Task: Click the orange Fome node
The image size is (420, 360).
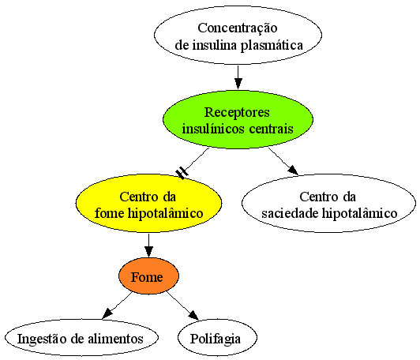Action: click(x=148, y=276)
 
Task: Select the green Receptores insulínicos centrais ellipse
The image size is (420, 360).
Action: click(x=238, y=119)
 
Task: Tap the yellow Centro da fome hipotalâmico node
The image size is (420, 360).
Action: click(x=148, y=204)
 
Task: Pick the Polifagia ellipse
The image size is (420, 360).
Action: click(x=217, y=338)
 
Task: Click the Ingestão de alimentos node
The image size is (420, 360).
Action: click(x=81, y=338)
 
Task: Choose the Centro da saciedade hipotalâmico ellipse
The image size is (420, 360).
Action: click(x=328, y=204)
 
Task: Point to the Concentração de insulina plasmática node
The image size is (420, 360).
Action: click(x=238, y=36)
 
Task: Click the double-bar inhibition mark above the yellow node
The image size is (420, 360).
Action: click(x=182, y=173)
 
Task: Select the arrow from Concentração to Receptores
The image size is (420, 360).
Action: click(x=238, y=77)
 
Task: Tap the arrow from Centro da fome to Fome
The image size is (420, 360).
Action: click(x=148, y=245)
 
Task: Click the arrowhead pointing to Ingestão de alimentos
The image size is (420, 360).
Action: click(x=107, y=313)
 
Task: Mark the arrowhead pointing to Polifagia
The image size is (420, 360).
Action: click(x=193, y=315)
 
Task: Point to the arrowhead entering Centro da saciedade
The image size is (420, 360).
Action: click(x=294, y=170)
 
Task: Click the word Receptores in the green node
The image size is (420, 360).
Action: click(x=237, y=112)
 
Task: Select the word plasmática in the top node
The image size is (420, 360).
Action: click(x=272, y=45)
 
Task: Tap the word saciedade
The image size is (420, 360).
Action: click(x=291, y=213)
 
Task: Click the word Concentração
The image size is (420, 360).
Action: click(x=238, y=28)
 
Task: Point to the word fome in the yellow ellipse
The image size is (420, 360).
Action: click(x=109, y=213)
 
